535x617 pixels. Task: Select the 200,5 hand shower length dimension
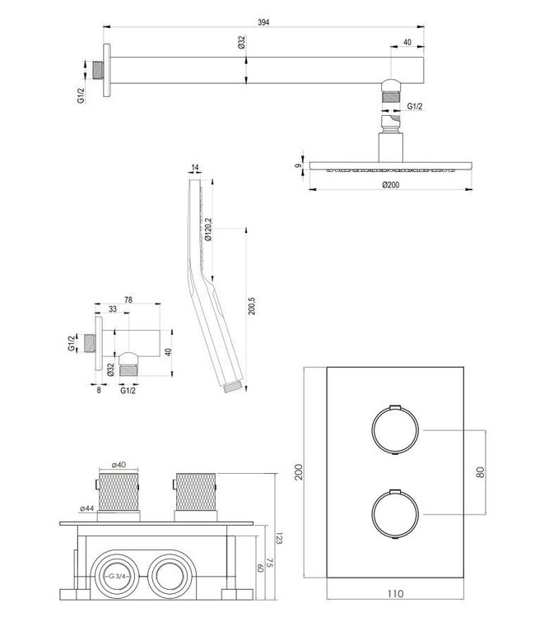(x=253, y=306)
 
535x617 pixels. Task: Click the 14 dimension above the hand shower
(x=195, y=169)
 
